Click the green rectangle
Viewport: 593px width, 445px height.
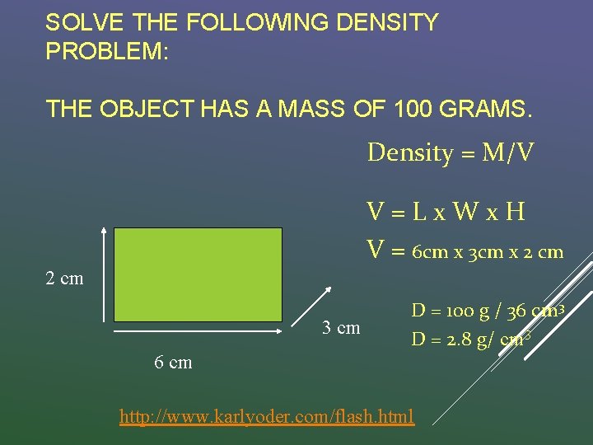click(x=198, y=274)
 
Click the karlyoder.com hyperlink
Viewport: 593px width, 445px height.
click(x=267, y=417)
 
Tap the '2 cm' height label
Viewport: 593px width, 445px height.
click(x=64, y=279)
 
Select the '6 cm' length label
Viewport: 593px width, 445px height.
click(x=173, y=363)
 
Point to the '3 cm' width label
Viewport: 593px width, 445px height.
click(x=340, y=328)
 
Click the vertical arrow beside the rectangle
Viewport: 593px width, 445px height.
click(x=104, y=274)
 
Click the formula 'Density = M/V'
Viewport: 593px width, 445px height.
click(x=450, y=152)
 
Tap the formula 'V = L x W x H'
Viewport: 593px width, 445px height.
click(x=446, y=213)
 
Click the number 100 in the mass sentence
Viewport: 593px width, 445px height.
click(x=416, y=109)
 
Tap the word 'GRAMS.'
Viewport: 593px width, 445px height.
click(x=487, y=109)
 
